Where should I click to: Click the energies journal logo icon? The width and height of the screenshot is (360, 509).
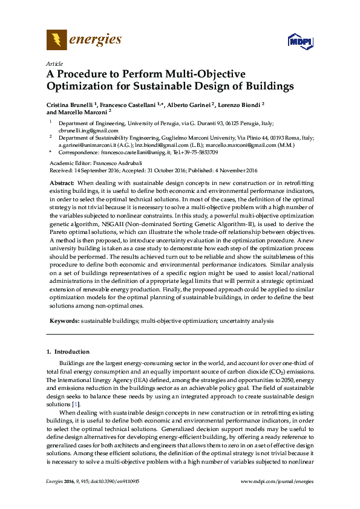click(x=57, y=41)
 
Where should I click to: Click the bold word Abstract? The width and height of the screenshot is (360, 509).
click(x=62, y=182)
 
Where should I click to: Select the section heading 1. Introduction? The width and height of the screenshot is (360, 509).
click(x=68, y=351)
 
